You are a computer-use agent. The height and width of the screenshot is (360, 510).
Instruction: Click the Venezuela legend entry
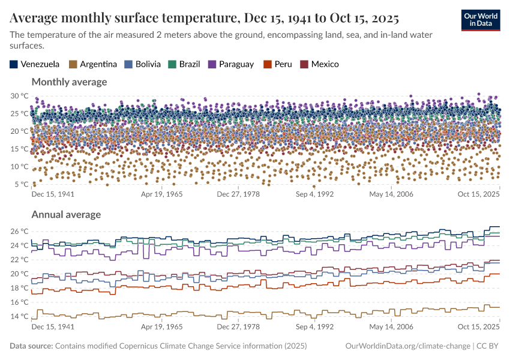point(35,64)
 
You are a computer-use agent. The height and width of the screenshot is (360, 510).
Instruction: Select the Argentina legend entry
point(93,64)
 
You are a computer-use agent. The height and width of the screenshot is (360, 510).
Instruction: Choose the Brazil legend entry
point(185,64)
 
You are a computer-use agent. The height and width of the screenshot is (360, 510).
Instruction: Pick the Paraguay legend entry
point(231,64)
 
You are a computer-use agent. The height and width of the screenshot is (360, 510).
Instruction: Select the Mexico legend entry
point(319,64)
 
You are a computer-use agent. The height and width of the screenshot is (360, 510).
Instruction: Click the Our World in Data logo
point(481,20)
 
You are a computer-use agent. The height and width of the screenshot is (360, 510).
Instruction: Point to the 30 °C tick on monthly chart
point(20,95)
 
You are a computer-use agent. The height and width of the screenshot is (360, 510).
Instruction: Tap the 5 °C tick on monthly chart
point(22,184)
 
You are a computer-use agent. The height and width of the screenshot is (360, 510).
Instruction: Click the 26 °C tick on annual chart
point(20,231)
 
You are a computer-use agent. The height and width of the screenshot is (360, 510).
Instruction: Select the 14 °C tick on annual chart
point(20,316)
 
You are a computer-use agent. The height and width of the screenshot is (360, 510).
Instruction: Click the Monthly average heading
point(69,82)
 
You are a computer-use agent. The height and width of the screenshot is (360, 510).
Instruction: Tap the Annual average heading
point(66,214)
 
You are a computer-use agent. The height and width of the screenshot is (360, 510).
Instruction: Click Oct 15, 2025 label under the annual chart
point(478,327)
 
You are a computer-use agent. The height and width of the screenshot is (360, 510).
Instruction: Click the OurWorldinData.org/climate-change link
point(408,346)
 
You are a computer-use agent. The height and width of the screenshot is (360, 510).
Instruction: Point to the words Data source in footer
point(31,346)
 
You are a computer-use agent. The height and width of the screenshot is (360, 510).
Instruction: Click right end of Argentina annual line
point(499,307)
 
